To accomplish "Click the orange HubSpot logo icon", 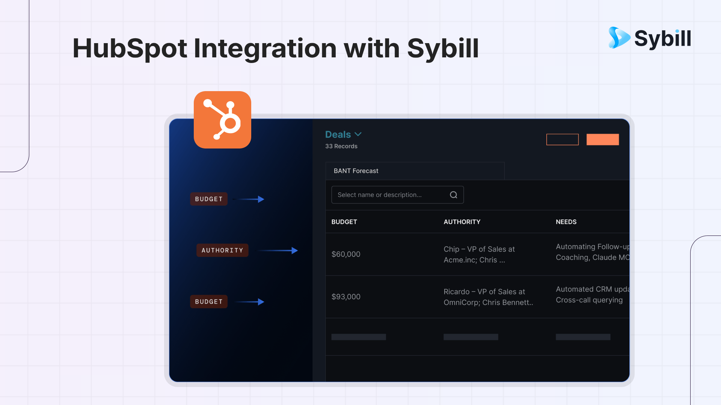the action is click(x=222, y=120).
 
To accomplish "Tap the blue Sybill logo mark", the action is click(x=619, y=37).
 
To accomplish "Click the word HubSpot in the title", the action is click(x=130, y=49).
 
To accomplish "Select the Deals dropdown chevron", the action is click(x=358, y=134).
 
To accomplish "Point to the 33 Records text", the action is click(x=341, y=146).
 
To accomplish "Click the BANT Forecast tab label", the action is click(x=356, y=171).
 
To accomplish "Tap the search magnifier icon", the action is click(x=454, y=195).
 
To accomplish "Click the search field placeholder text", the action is click(x=380, y=195).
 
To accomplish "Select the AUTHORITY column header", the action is click(x=462, y=222).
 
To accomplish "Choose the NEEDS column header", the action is click(x=566, y=222).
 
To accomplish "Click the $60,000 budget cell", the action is click(x=346, y=254).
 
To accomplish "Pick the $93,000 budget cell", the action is click(x=346, y=297).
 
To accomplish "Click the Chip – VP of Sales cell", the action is click(x=479, y=254).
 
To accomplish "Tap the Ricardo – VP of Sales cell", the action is click(x=488, y=297).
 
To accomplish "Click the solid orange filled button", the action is click(x=603, y=139).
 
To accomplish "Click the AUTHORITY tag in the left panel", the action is click(x=222, y=250).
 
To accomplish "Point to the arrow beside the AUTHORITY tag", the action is click(x=277, y=250).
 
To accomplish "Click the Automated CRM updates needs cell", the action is click(x=593, y=294).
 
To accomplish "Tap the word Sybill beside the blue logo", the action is click(x=663, y=38).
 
